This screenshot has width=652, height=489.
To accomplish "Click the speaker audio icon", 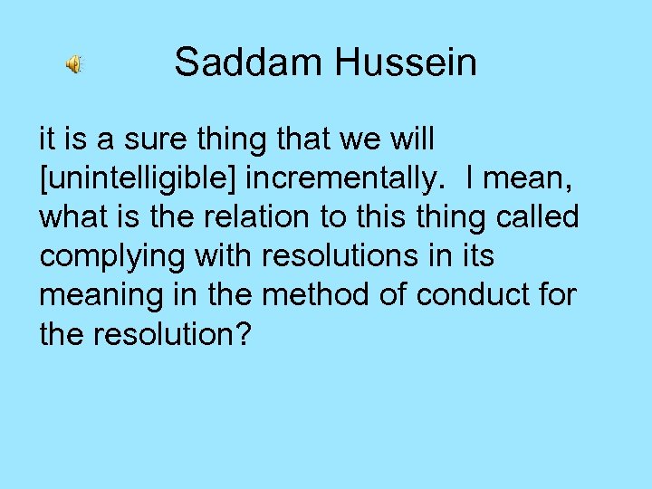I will [x=73, y=64].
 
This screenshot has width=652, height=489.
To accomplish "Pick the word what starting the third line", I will [x=69, y=218].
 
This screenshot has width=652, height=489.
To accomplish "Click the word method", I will [x=288, y=296].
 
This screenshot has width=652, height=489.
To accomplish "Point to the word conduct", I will [x=459, y=296].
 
